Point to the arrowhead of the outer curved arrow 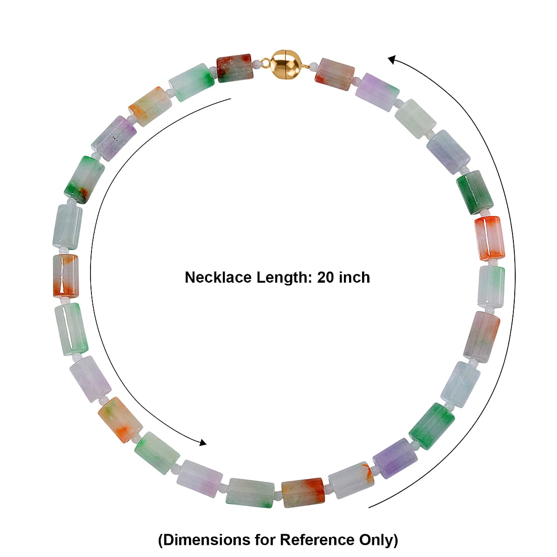point(392,59)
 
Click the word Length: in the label point(285,278)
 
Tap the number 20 point(326,278)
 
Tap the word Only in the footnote point(378,540)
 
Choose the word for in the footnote point(265,540)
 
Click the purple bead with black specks point(114,138)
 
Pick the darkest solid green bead point(474,192)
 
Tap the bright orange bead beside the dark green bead point(489,237)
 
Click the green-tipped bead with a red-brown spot point(84,180)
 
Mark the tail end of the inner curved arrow point(231,98)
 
